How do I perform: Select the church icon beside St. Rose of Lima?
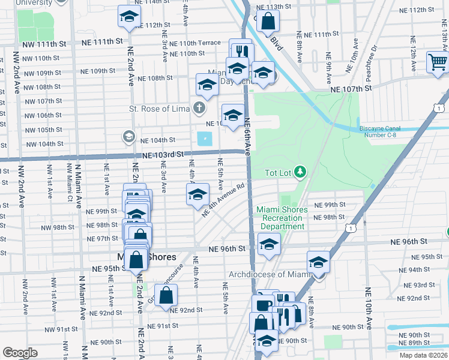tap(199, 109)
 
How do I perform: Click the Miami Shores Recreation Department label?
tap(282, 218)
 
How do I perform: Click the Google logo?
tap(20, 353)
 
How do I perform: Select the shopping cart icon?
tap(438, 61)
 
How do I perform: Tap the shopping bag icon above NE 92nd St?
tap(166, 295)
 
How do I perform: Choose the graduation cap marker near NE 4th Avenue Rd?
tap(197, 194)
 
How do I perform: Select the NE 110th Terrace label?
tap(195, 43)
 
